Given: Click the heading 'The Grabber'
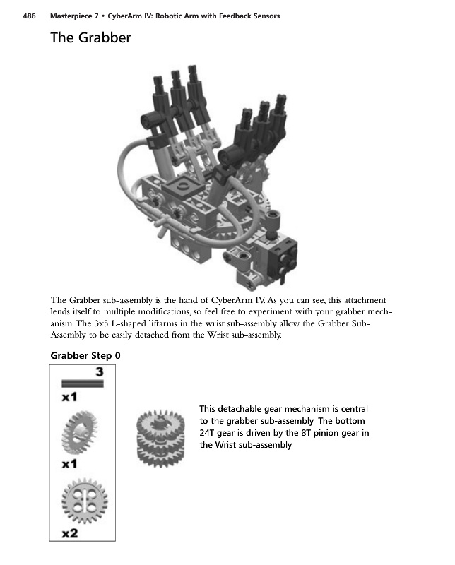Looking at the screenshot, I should tap(90, 38).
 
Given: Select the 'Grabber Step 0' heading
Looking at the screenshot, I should tap(85, 355).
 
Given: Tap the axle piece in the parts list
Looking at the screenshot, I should tap(82, 383).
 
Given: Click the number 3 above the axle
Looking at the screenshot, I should tap(100, 371).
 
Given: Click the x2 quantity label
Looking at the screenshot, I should tap(70, 534).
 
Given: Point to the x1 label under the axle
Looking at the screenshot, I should tap(69, 398).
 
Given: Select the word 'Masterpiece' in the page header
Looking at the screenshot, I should tap(73, 16).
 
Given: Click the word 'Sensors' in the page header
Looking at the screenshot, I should tap(264, 16).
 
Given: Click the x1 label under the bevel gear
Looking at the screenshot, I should tap(69, 465).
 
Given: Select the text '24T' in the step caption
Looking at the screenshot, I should tap(209, 433).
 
